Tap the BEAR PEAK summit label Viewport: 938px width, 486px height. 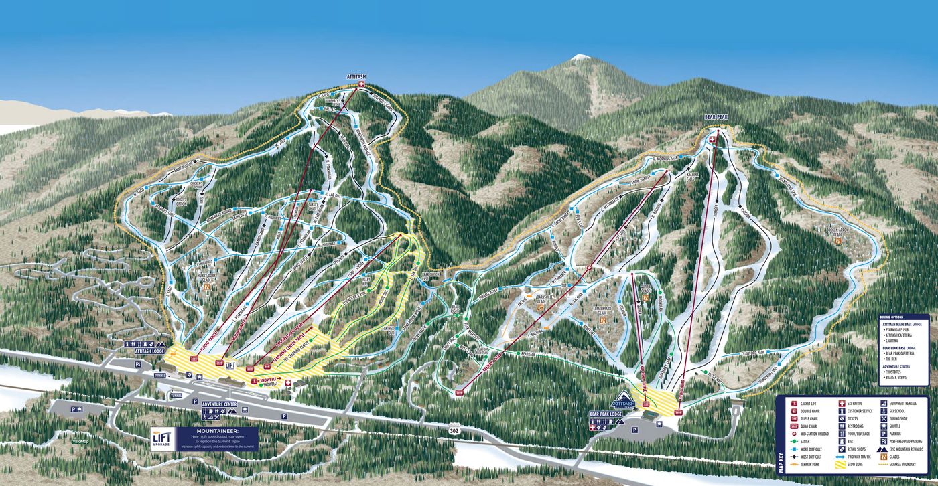[x=716, y=117]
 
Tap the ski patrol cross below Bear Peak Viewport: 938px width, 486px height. [x=711, y=139]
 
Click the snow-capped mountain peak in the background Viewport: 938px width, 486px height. [x=578, y=58]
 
